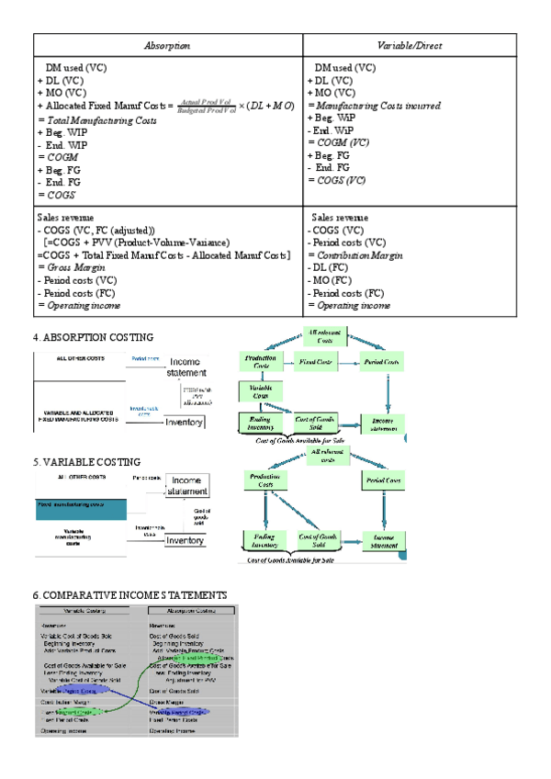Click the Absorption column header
pos(167,46)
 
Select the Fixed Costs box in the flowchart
pos(318,362)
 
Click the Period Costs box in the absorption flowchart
pos(382,362)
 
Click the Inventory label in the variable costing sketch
pos(184,541)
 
